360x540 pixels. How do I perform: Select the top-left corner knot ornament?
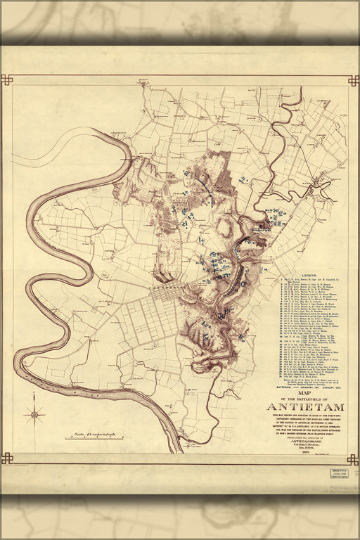pyautogui.click(x=6, y=79)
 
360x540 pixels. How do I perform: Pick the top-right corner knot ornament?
pyautogui.click(x=354, y=79)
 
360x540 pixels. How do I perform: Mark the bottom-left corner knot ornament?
pyautogui.click(x=6, y=458)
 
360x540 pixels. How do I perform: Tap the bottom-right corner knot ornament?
pyautogui.click(x=354, y=458)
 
